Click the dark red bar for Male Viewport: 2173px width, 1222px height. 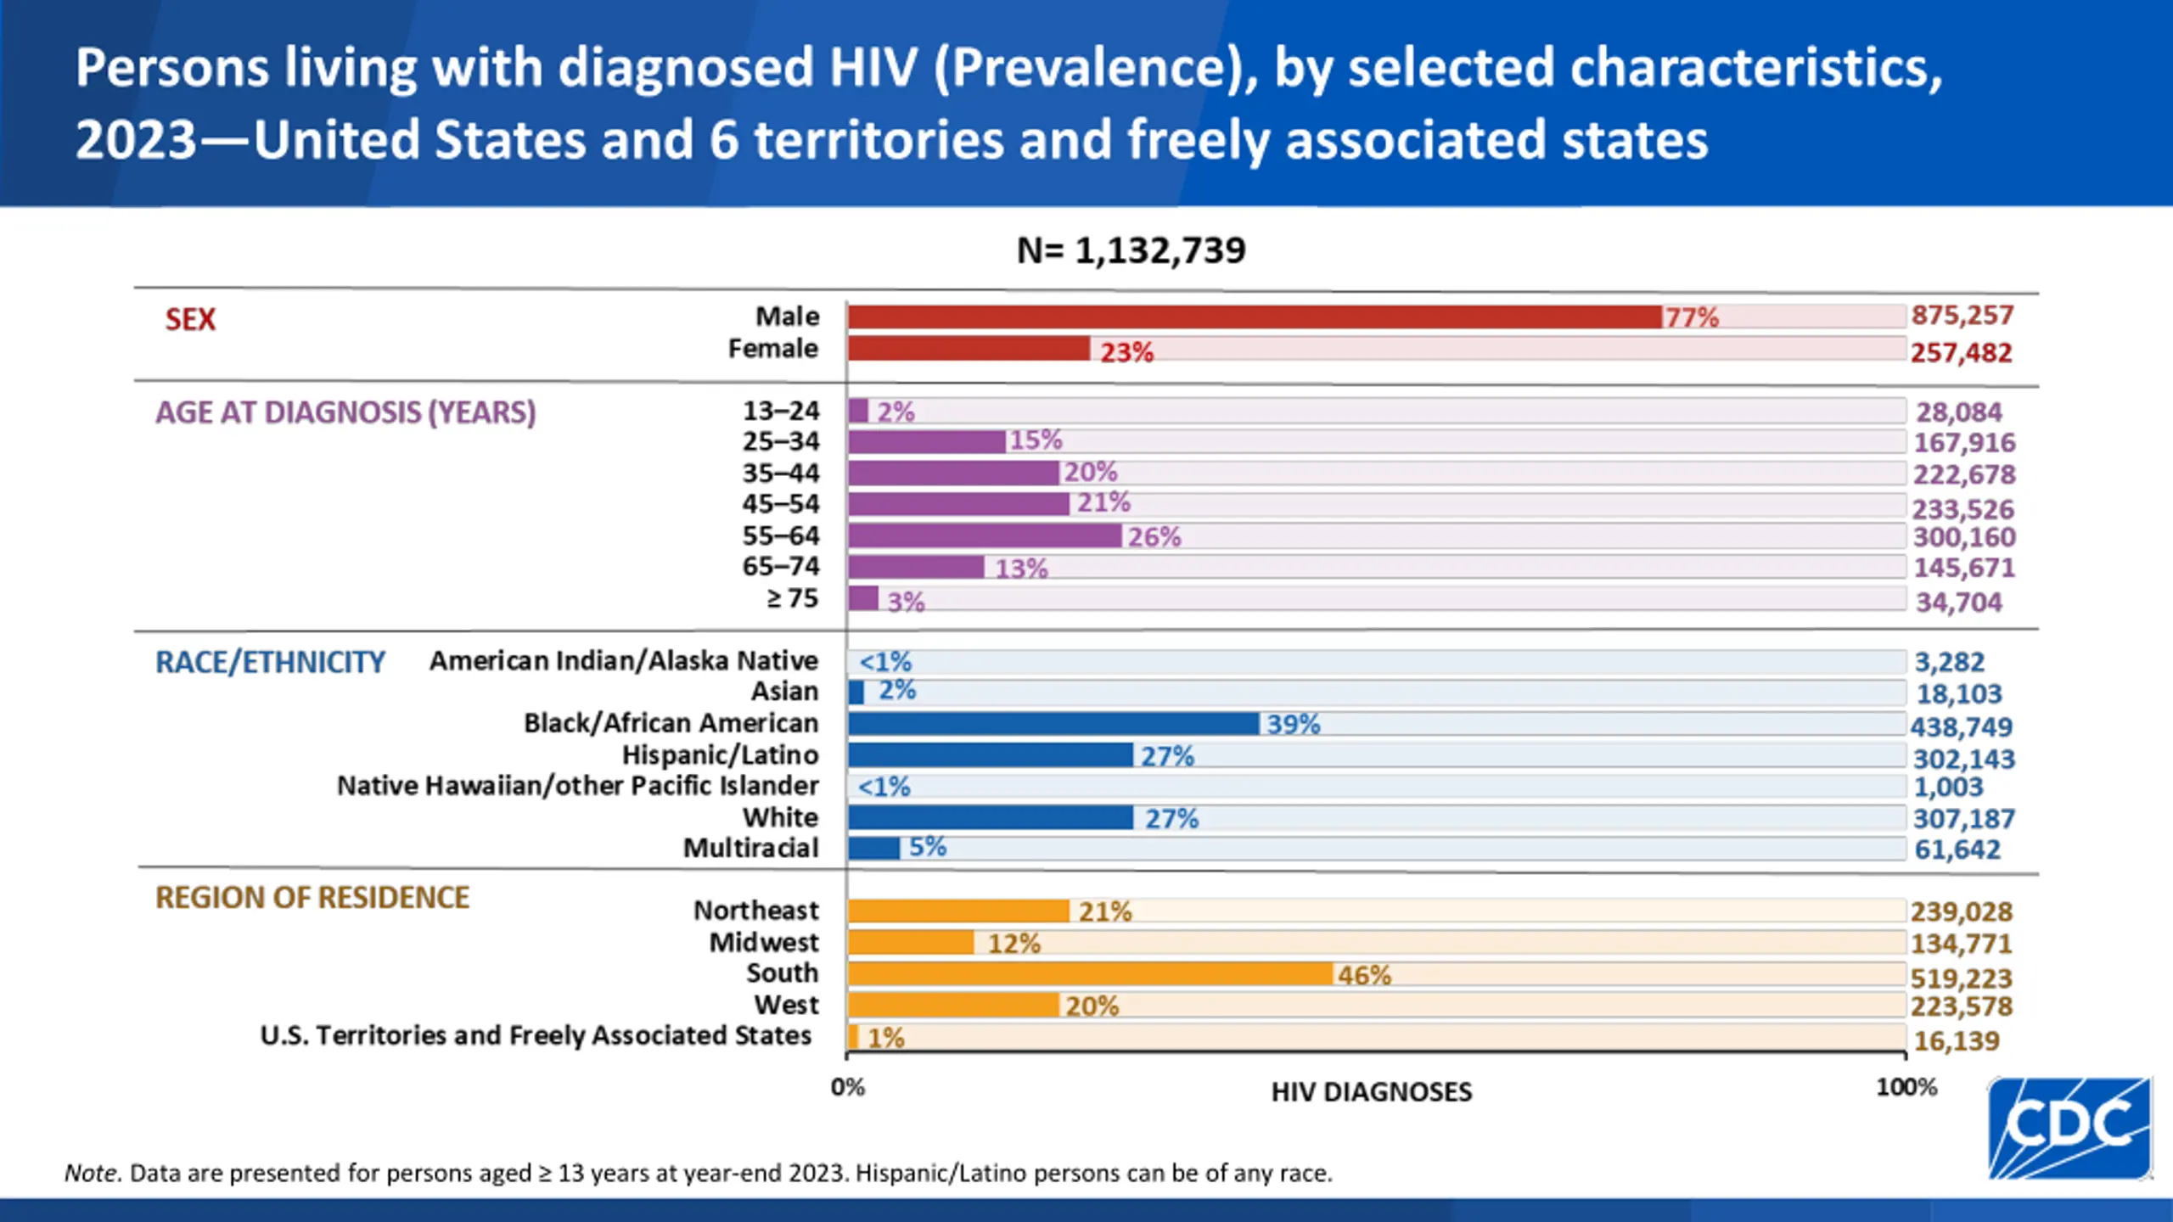pos(1255,317)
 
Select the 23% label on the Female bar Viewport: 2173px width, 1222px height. pos(1126,351)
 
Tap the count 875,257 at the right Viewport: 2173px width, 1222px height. pos(1962,316)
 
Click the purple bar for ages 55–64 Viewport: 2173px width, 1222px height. pos(985,535)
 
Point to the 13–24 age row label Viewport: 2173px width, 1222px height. pos(781,411)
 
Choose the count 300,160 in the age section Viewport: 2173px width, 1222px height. pos(1963,537)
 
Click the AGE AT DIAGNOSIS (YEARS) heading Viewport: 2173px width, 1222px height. pos(345,412)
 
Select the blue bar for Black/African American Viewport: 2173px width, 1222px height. pos(1053,723)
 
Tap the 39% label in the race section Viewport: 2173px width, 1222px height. pos(1293,724)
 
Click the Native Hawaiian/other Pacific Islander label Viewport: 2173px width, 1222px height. pos(577,786)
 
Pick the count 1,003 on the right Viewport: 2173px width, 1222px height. pos(1948,787)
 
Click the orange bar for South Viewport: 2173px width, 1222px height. pos(1090,973)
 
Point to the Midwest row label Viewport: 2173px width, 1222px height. pos(764,942)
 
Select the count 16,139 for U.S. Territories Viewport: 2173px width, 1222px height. pos(1957,1040)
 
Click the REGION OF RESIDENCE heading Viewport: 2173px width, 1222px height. pos(312,898)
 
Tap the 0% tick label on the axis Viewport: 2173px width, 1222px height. pos(847,1087)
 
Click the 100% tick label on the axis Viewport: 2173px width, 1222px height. pos(1906,1087)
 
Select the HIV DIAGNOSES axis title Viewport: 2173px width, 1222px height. pos(1371,1092)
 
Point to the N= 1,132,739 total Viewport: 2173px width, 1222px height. pos(1131,250)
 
